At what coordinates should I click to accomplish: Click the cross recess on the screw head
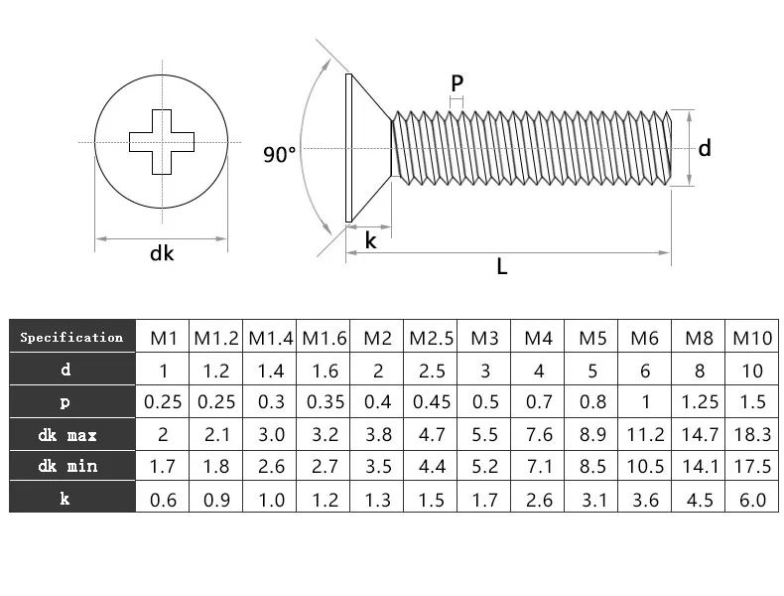point(163,142)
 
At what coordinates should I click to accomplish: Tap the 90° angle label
point(280,154)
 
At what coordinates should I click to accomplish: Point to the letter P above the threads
point(457,82)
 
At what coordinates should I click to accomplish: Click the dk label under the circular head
point(162,253)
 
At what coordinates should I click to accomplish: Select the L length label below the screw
point(502,266)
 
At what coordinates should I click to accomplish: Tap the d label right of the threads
point(705,148)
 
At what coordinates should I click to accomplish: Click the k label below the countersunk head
point(370,240)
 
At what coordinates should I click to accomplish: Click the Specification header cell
point(71,338)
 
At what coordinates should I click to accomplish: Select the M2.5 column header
point(431,338)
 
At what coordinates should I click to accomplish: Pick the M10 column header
point(752,338)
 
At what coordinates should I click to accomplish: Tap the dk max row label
point(71,434)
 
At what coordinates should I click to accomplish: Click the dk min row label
point(71,466)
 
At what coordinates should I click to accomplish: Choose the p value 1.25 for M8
point(700,402)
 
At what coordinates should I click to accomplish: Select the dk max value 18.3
point(752,434)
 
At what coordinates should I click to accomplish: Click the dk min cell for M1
point(162,466)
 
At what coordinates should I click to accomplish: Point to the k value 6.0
point(752,499)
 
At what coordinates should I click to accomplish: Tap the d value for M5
point(592,371)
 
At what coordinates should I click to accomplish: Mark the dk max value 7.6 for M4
point(539,434)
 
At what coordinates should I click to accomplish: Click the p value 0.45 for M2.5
point(431,402)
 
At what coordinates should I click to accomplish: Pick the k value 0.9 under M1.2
point(215,499)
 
